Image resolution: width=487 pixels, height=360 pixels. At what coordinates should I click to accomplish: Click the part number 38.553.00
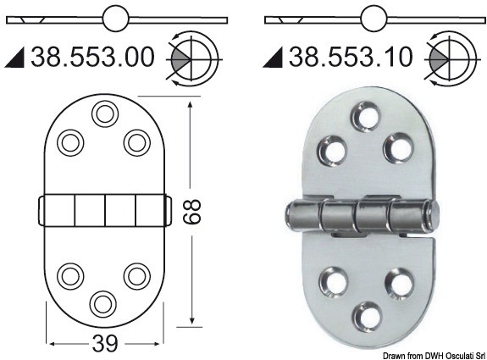pyautogui.click(x=93, y=58)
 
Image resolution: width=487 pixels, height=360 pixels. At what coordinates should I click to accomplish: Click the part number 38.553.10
pyautogui.click(x=351, y=58)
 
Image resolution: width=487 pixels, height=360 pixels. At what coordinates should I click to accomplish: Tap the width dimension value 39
pyautogui.click(x=103, y=344)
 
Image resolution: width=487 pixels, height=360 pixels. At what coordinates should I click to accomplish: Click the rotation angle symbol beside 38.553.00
pyautogui.click(x=191, y=58)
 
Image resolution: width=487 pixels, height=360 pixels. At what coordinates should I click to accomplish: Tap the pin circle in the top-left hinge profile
pyautogui.click(x=115, y=17)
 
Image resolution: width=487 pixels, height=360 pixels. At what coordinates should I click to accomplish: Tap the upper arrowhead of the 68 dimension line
pyautogui.click(x=193, y=100)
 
